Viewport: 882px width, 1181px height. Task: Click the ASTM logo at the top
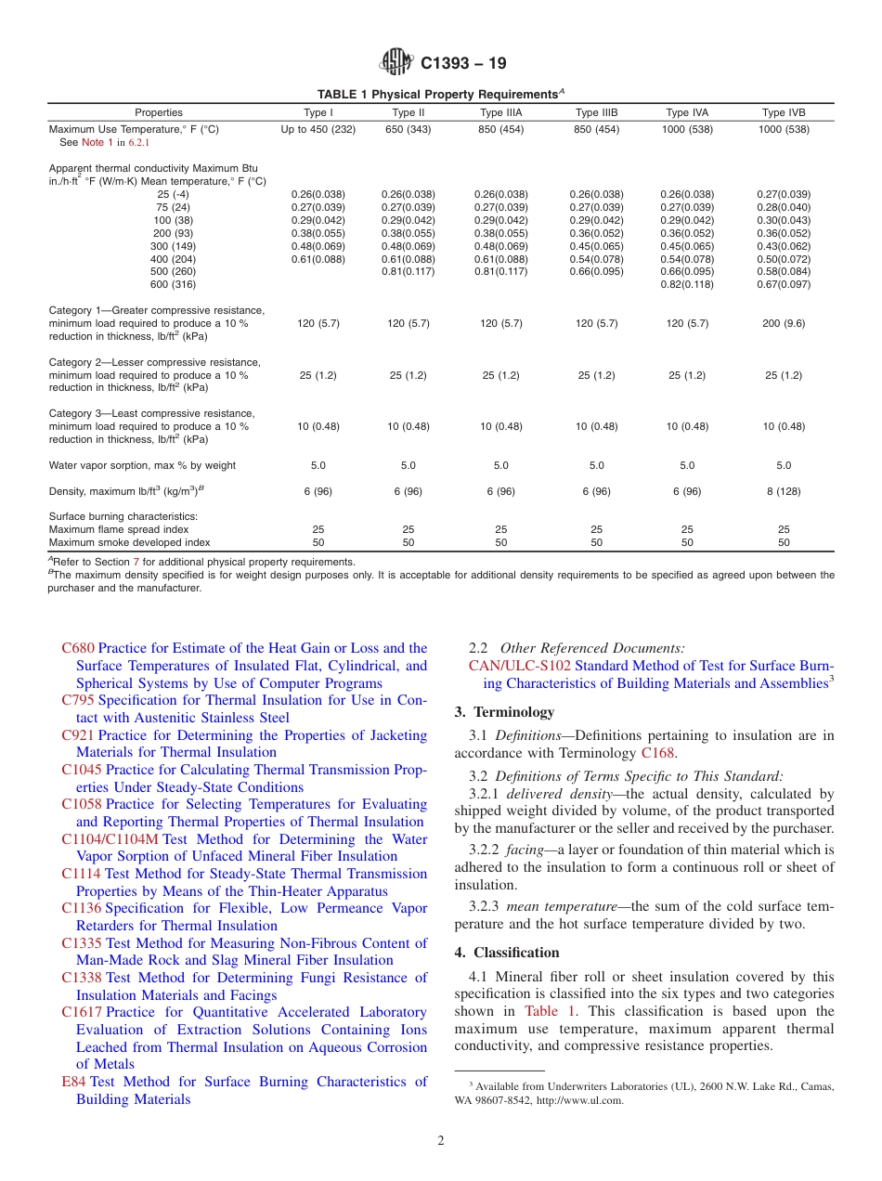[396, 63]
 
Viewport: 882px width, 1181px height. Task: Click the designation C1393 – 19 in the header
[463, 64]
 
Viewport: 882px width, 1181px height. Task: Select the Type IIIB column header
[596, 112]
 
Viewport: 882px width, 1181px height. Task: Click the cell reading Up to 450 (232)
[318, 130]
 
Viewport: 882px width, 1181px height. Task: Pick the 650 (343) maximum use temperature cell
[408, 130]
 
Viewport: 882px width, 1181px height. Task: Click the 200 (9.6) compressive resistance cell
[784, 324]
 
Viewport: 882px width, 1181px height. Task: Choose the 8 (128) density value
[784, 491]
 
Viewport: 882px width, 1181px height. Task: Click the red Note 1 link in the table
[97, 143]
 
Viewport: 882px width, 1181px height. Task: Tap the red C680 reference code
[78, 648]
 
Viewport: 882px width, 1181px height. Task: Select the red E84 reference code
[73, 1082]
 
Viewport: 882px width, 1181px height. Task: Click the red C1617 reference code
[81, 1012]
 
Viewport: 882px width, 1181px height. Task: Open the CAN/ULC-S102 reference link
[520, 666]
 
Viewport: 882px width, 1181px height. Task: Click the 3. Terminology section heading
[504, 712]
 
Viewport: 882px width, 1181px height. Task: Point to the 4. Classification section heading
[507, 953]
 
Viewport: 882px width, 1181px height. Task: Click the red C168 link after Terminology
[658, 753]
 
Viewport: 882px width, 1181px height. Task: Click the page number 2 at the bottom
[441, 1141]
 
